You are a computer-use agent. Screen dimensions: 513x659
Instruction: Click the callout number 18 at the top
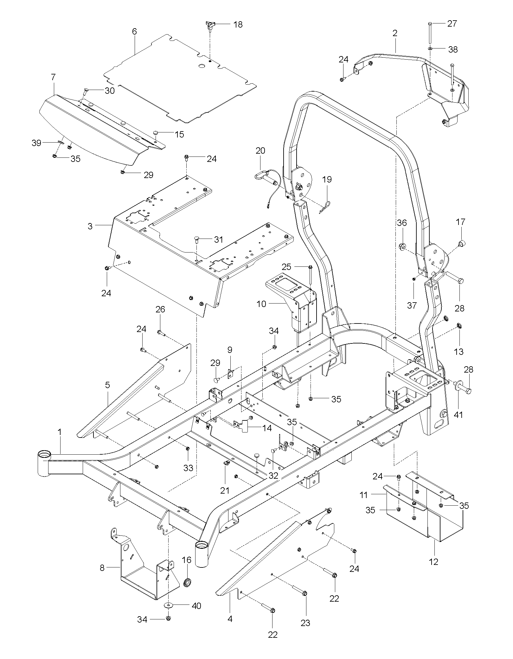(238, 24)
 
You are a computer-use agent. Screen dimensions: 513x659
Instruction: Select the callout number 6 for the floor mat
(134, 31)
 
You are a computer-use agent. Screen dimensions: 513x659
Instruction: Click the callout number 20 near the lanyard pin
(260, 150)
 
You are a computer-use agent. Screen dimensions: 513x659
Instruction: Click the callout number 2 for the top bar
(395, 33)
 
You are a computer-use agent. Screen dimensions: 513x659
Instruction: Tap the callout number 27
(452, 24)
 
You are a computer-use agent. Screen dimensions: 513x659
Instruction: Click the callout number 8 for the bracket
(102, 568)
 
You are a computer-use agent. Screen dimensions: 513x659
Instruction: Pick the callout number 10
(261, 304)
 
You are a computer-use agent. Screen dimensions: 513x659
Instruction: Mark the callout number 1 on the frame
(60, 432)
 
